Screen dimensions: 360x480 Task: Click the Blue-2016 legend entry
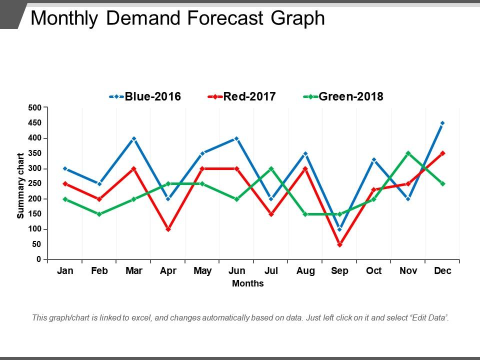coord(145,96)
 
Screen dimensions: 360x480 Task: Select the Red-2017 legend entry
coord(241,96)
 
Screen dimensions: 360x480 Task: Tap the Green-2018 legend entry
coord(343,96)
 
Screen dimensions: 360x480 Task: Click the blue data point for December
coord(442,123)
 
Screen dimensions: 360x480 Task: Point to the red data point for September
coord(339,244)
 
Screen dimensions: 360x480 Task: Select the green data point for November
coord(408,153)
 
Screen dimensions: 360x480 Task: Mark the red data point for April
coord(168,229)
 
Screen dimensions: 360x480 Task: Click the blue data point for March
coord(134,138)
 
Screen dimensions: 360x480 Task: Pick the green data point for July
coord(271,168)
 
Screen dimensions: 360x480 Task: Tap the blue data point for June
coord(236,138)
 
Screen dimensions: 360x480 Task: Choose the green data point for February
coord(99,214)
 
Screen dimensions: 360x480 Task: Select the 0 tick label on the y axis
coord(38,259)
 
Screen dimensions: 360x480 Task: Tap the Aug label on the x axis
coord(305,271)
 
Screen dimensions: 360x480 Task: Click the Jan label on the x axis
coord(65,271)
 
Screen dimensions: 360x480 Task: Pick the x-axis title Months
coord(248,283)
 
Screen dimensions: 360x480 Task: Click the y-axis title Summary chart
coord(20,185)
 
